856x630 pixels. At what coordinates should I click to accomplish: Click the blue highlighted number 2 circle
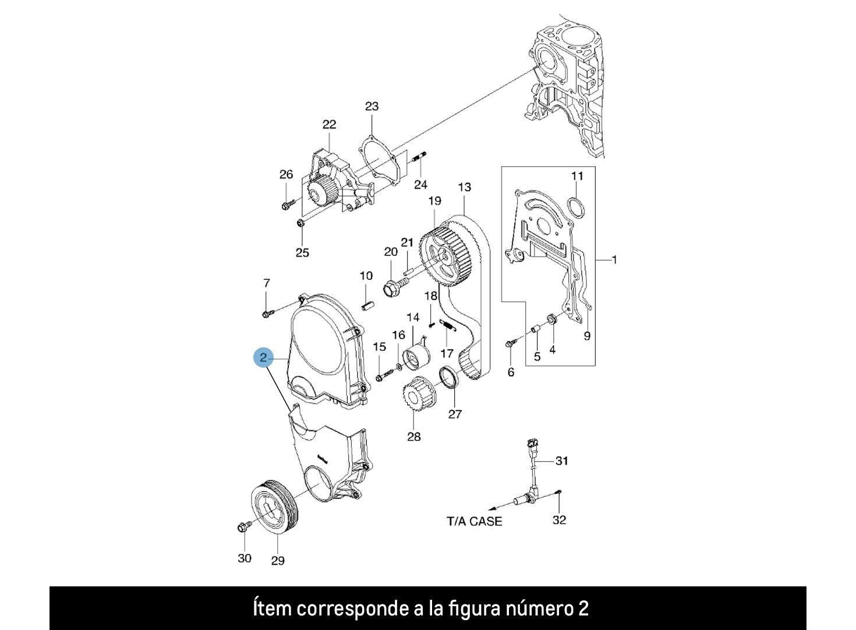[263, 357]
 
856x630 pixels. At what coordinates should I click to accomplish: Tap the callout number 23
[372, 106]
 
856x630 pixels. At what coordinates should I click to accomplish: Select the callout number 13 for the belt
[464, 187]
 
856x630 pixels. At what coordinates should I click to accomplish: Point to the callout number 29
[278, 560]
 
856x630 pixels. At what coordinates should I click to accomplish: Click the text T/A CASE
[474, 521]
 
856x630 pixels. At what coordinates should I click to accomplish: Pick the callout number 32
[559, 519]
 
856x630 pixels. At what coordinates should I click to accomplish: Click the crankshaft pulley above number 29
[274, 507]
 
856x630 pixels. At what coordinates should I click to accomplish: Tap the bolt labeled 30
[243, 527]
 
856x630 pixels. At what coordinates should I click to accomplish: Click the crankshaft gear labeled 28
[416, 396]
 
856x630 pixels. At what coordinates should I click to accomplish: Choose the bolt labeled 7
[267, 314]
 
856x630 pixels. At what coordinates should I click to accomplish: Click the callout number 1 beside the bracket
[614, 259]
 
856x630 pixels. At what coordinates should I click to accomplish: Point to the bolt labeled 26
[286, 205]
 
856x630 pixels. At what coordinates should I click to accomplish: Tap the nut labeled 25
[300, 223]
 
